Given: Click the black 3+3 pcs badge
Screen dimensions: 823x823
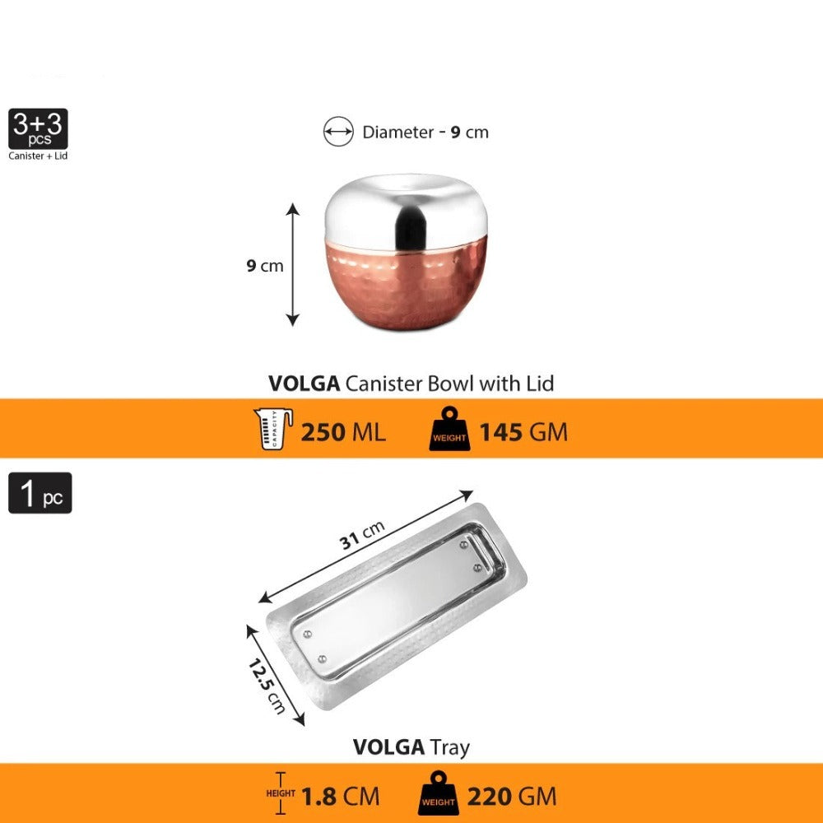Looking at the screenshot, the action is pos(38,128).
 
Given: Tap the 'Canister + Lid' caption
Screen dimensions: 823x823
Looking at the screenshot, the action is pos(38,156).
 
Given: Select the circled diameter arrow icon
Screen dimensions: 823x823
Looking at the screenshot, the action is pos(338,131).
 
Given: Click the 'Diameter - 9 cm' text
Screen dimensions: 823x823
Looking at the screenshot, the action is pos(425,132).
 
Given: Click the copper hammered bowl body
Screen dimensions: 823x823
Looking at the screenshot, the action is pos(406,286).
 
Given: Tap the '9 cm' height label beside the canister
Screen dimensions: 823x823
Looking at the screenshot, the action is pos(265,266).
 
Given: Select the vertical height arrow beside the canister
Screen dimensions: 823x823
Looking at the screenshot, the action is pos(292,264).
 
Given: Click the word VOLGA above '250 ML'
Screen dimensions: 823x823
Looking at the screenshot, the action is pos(304,384).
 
